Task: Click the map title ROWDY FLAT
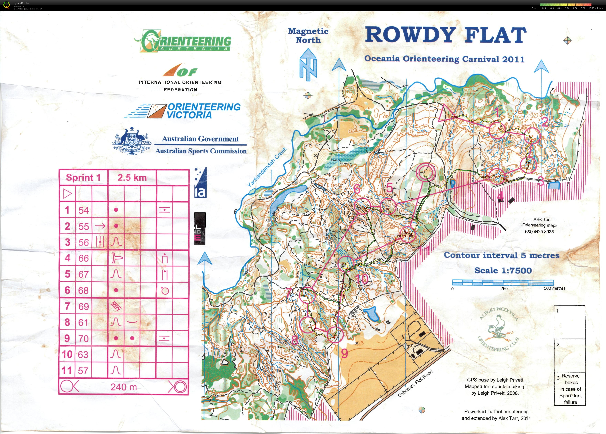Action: pos(445,35)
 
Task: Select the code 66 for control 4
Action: pos(83,258)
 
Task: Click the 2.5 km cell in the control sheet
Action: pos(132,178)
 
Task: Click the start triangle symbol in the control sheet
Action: pos(67,194)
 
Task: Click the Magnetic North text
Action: pos(308,35)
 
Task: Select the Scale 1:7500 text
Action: pos(503,271)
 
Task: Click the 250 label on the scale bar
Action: pos(504,289)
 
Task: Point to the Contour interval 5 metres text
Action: pos(502,255)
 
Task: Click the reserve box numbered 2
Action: pos(569,355)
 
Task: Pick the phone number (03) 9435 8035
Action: pos(539,232)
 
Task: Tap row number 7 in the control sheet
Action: pos(67,306)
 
